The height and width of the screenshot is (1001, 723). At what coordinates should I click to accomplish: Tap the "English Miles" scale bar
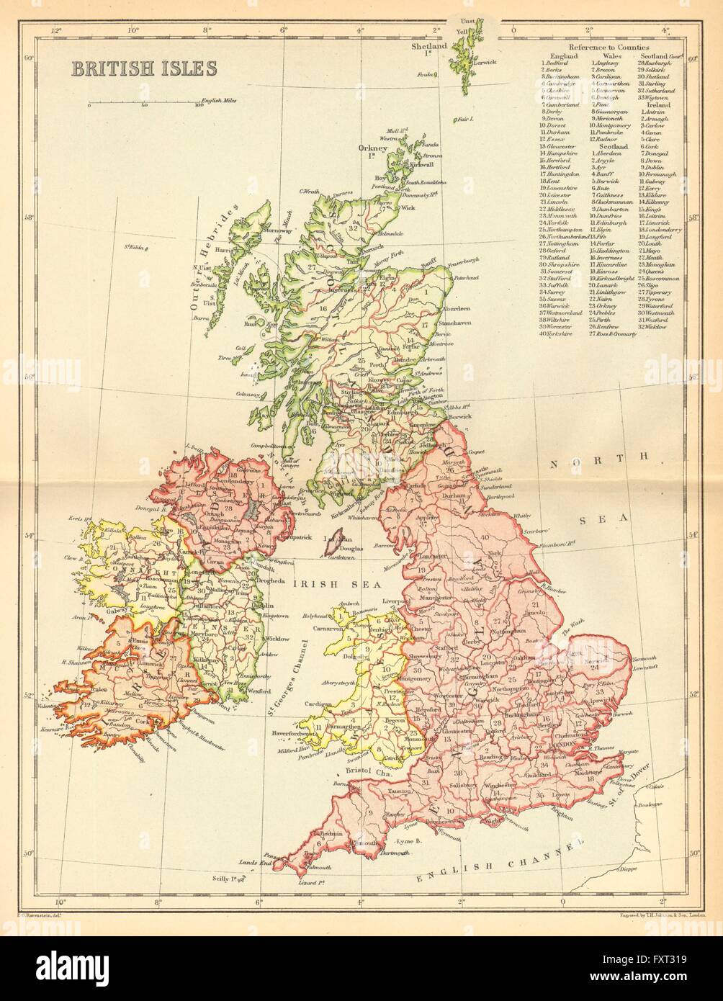point(145,105)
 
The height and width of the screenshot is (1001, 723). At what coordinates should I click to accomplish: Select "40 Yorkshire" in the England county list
point(561,334)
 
